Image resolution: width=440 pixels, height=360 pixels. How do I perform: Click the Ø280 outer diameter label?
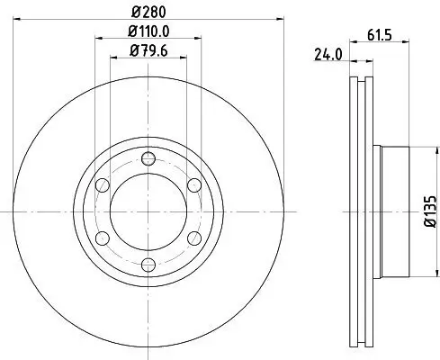point(148,11)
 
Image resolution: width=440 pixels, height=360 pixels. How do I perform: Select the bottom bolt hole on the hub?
point(148,265)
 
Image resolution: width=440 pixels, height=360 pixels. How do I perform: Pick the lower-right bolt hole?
point(193,238)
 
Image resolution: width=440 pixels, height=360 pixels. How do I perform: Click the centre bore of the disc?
point(148,212)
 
